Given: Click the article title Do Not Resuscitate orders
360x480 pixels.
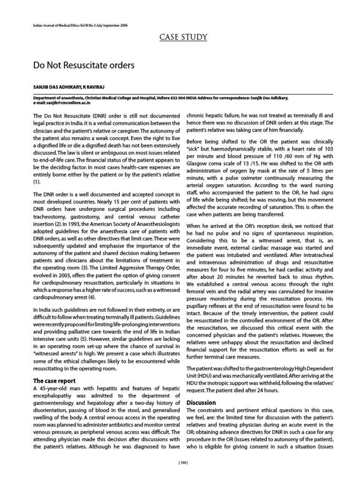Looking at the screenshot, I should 83,65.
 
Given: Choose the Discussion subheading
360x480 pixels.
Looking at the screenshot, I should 201,402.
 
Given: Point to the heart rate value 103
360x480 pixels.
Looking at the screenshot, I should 323,147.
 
